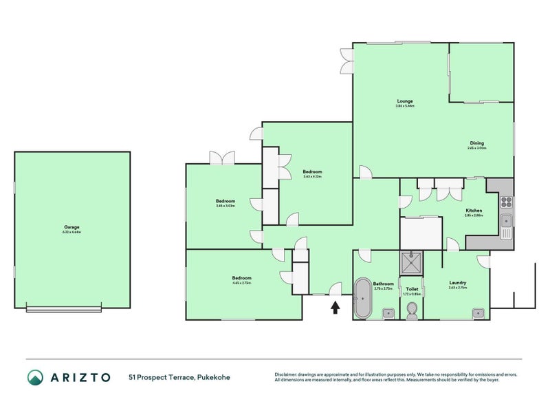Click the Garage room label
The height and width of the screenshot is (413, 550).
pyautogui.click(x=71, y=226)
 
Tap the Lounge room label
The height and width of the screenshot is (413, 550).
pyautogui.click(x=404, y=100)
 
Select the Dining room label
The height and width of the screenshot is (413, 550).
pyautogui.click(x=476, y=142)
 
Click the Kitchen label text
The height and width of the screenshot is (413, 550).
pyautogui.click(x=474, y=210)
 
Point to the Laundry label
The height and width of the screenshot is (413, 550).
pyautogui.click(x=458, y=282)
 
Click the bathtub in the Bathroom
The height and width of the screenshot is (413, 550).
pyautogui.click(x=362, y=298)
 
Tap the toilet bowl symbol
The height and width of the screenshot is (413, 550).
pyautogui.click(x=412, y=310)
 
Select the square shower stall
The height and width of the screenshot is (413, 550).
pyautogui.click(x=412, y=264)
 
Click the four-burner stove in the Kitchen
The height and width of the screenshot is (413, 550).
pyautogui.click(x=506, y=202)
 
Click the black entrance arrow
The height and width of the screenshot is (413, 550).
pyautogui.click(x=335, y=308)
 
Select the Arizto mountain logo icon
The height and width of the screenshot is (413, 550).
pyautogui.click(x=35, y=377)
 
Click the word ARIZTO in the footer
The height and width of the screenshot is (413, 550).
pyautogui.click(x=79, y=377)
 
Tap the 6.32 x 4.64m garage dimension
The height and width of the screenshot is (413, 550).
pyautogui.click(x=71, y=232)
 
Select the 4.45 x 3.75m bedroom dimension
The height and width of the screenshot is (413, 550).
pyautogui.click(x=241, y=283)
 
